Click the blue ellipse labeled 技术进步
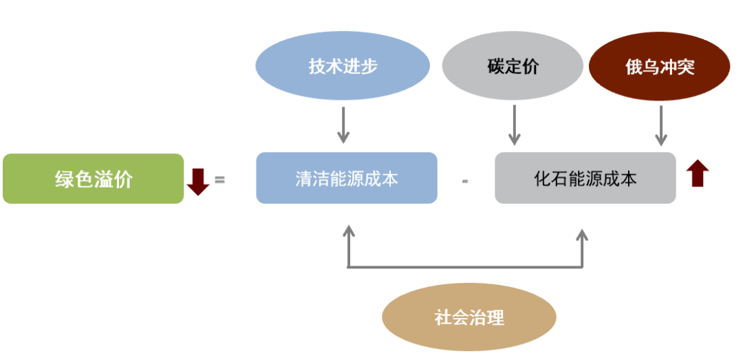[x=343, y=67]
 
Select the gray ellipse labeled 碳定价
[x=513, y=67]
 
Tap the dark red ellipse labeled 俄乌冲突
[x=659, y=67]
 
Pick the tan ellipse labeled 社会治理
[x=469, y=317]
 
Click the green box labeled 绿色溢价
[x=94, y=179]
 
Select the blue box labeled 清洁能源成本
[x=347, y=178]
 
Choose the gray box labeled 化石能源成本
[x=585, y=178]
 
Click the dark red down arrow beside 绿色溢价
[x=198, y=180]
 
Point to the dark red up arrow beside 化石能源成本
[x=698, y=173]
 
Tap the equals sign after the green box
[x=220, y=180]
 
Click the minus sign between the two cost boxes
[x=465, y=181]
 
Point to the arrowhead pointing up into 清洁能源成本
[x=349, y=231]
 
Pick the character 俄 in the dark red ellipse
[x=634, y=67]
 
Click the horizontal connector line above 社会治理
[x=466, y=266]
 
